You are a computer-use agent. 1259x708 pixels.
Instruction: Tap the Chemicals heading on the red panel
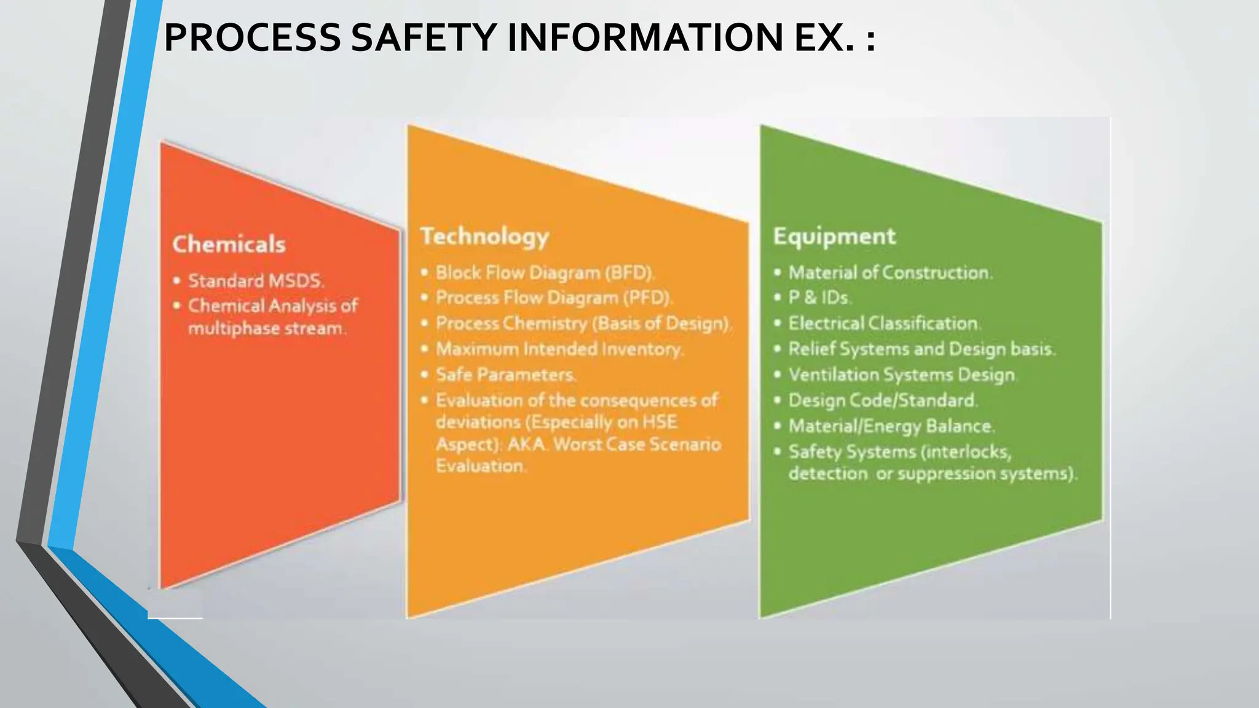coord(229,245)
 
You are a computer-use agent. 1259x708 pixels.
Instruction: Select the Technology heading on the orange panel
coord(484,237)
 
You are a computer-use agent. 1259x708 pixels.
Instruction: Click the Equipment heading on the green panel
coord(834,237)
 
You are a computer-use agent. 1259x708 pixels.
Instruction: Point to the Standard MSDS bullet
coord(256,281)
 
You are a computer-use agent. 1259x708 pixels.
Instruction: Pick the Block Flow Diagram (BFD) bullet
coord(545,272)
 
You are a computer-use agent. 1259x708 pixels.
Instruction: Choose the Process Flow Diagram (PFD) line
coord(554,298)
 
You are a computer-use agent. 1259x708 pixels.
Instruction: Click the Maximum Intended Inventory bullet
coord(559,349)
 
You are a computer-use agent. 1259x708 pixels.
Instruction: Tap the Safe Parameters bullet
coord(505,375)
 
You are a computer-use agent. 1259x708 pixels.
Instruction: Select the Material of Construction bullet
coord(890,272)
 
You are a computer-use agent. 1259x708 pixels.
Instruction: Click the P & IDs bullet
coord(819,298)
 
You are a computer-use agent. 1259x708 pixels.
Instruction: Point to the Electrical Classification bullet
coord(884,323)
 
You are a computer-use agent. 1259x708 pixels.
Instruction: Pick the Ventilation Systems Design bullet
coord(902,375)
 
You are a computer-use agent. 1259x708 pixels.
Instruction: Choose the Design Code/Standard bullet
coord(883,401)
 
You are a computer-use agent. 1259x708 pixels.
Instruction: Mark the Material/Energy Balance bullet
coord(891,426)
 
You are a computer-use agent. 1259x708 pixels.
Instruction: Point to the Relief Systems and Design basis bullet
coord(922,349)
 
